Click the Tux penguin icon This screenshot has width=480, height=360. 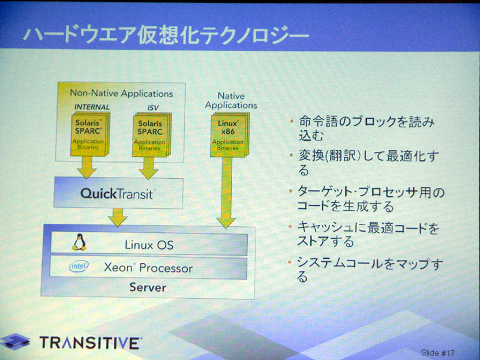click(79, 242)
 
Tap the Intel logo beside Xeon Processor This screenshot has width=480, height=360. click(79, 266)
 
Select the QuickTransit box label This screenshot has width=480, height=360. click(116, 194)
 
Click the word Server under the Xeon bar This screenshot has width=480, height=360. click(148, 287)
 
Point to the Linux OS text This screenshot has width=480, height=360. click(149, 245)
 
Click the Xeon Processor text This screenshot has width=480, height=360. click(148, 268)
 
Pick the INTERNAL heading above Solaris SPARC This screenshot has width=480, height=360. click(92, 107)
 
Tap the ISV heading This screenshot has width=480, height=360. click(153, 107)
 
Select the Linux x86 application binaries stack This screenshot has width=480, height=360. click(230, 134)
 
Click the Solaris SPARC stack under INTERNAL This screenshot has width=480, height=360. click(90, 134)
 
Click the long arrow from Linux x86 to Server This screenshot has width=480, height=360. click(226, 193)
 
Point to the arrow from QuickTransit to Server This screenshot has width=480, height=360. click(118, 217)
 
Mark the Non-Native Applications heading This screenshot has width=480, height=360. click(122, 94)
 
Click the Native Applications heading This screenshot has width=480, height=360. click(231, 100)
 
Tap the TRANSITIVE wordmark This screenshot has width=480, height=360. click(91, 343)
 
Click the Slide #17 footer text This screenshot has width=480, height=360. click(438, 353)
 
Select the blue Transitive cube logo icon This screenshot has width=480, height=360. click(16, 341)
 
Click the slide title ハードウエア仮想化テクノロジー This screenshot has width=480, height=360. click(166, 36)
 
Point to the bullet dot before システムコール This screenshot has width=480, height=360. click(289, 262)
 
